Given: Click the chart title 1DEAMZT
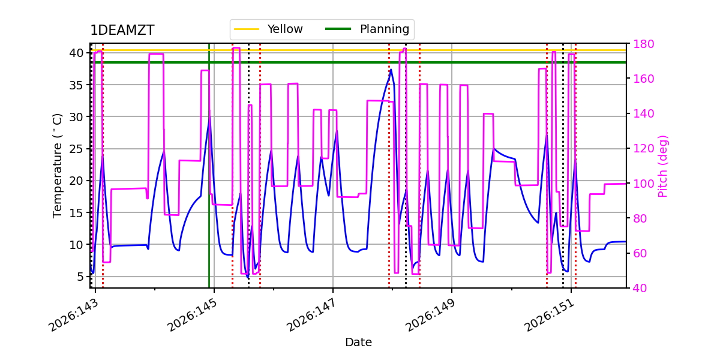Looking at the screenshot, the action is tap(122, 30).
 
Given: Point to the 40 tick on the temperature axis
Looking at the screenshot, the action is tap(77, 53).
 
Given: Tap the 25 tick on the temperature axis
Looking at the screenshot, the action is tap(77, 149).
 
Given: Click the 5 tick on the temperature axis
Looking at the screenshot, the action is tap(80, 277).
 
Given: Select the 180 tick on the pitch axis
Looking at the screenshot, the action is tap(643, 44).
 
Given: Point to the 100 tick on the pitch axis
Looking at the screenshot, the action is tap(643, 184).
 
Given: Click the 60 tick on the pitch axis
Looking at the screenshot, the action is tap(640, 254).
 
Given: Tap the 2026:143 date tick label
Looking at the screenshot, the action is tap(73, 316).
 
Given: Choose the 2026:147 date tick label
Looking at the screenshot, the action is tap(311, 316).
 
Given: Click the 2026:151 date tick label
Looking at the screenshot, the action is tap(549, 316).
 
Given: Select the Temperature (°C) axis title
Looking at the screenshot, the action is tap(57, 166).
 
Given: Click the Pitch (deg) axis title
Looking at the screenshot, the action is tap(663, 166).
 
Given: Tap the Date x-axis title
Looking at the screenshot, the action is tap(358, 342).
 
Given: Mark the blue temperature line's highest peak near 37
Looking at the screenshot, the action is tap(391, 70).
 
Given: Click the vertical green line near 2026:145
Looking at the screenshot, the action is tap(209, 166).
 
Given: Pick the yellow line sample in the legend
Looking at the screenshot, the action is tap(247, 29).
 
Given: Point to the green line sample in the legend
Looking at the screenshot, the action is tap(338, 29).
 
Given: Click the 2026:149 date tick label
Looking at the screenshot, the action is tap(430, 316).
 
